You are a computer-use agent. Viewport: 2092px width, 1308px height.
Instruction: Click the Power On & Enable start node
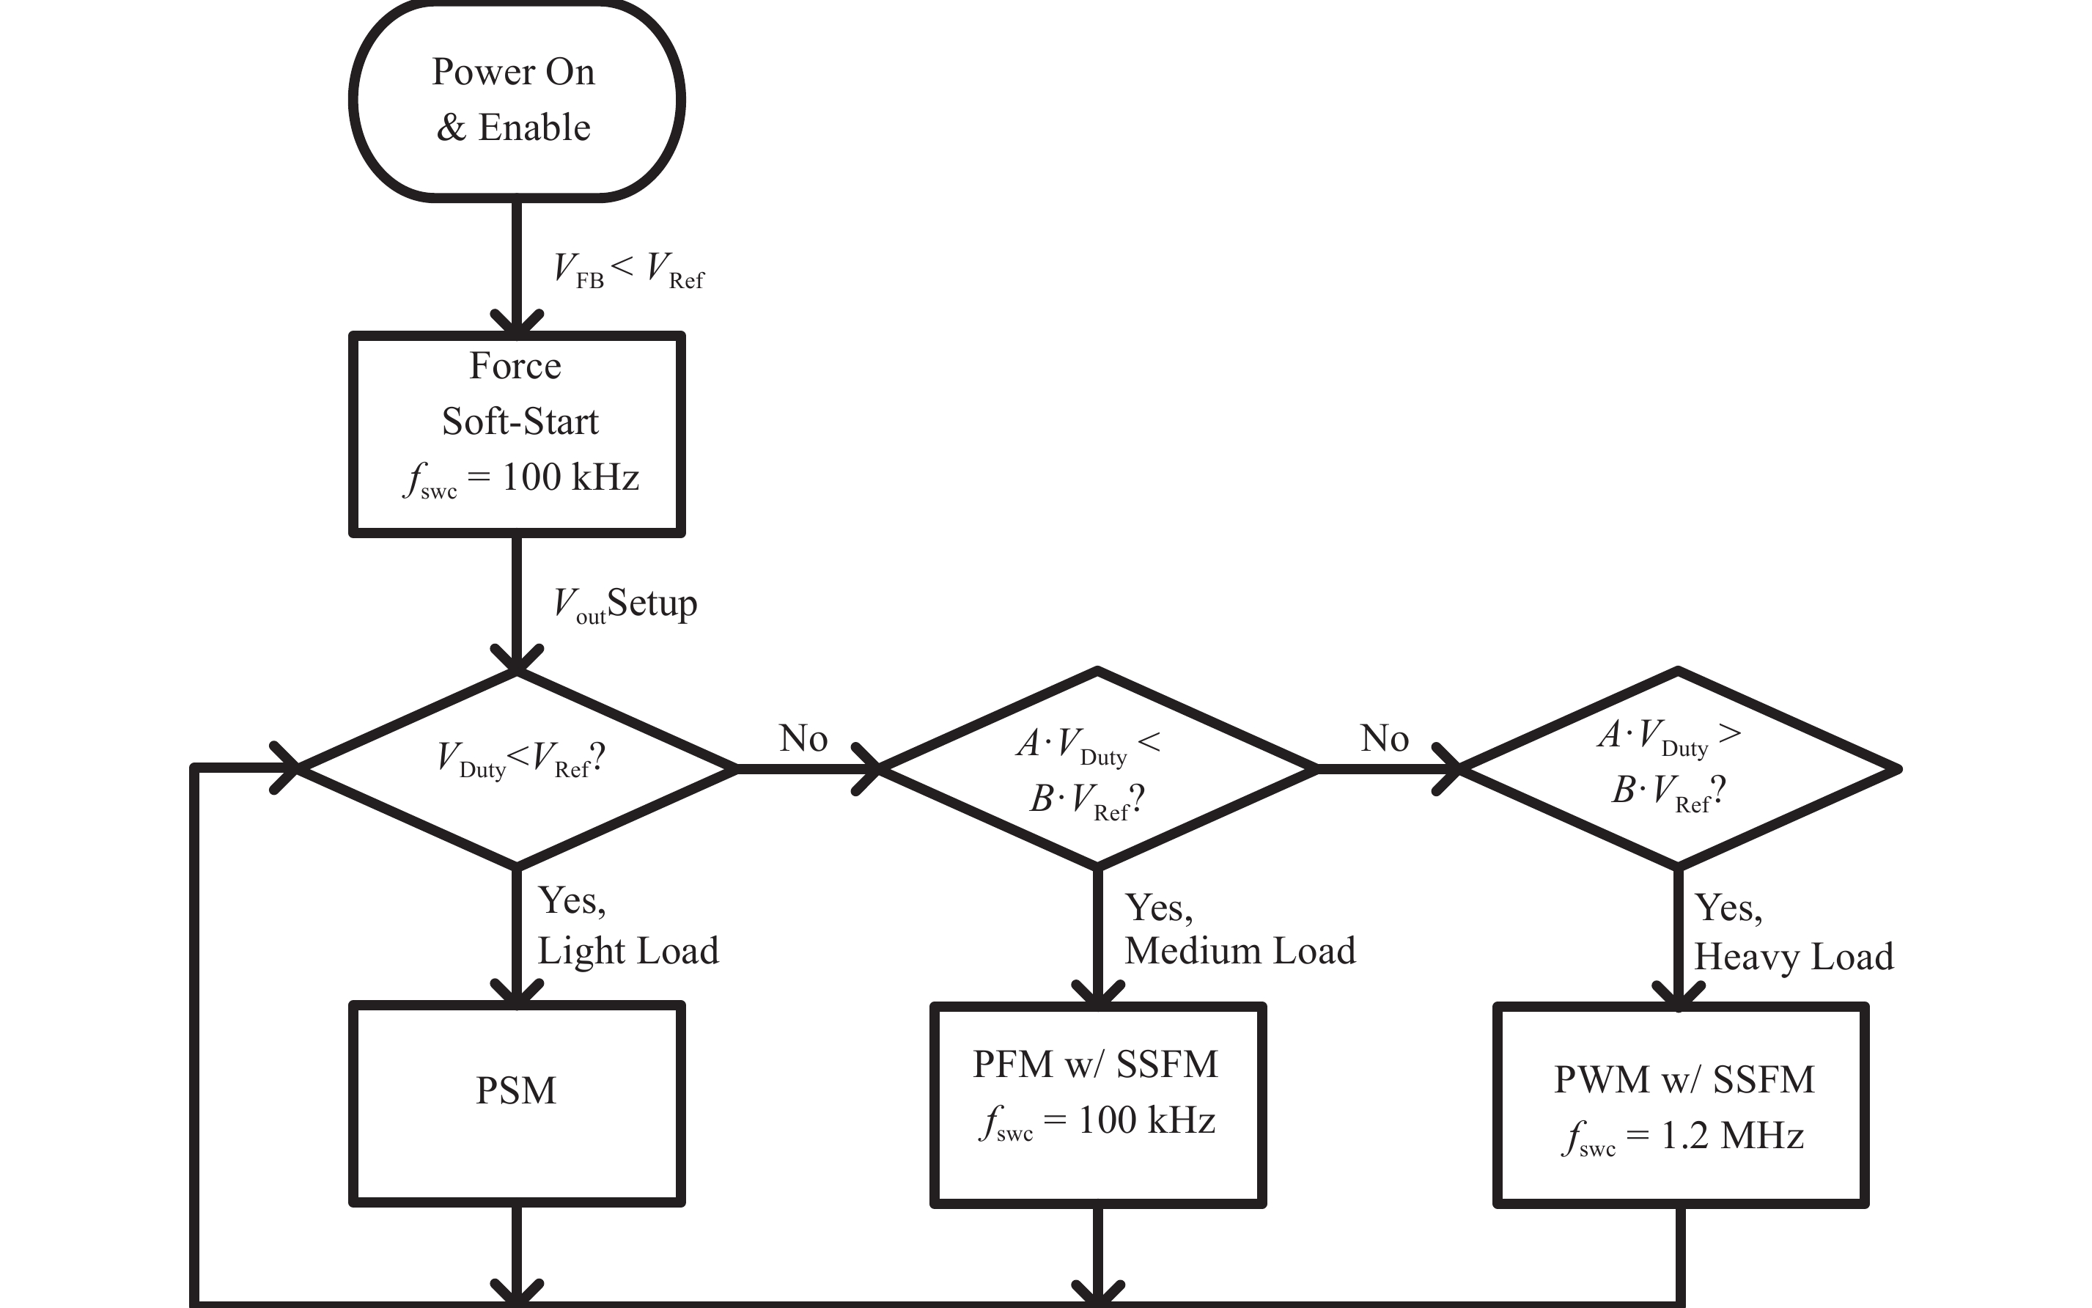tap(516, 100)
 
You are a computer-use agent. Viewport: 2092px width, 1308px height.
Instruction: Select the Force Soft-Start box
tap(516, 433)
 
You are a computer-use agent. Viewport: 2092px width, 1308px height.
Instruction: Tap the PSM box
tap(516, 1103)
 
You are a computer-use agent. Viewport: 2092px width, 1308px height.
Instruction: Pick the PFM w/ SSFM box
tap(1097, 1104)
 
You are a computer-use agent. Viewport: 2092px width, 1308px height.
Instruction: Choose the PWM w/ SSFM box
tap(1679, 1104)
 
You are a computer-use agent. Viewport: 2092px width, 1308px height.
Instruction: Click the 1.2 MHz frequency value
tap(1732, 1136)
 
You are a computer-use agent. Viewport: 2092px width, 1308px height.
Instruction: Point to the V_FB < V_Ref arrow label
tap(629, 270)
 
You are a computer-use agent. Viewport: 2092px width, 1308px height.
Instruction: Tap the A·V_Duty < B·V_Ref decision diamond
tap(1097, 768)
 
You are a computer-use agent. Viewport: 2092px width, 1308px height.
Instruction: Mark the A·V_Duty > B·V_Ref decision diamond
tap(1678, 768)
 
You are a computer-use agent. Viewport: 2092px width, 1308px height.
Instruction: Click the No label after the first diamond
tap(803, 738)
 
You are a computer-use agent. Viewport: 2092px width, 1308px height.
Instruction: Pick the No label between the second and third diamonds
tap(1384, 738)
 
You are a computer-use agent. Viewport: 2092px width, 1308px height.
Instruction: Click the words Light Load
tap(628, 951)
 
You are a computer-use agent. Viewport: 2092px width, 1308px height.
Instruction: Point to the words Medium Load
tap(1240, 951)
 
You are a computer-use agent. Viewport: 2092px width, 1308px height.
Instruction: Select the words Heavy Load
tap(1794, 957)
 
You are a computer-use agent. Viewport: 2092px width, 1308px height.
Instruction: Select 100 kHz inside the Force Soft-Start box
tap(570, 477)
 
